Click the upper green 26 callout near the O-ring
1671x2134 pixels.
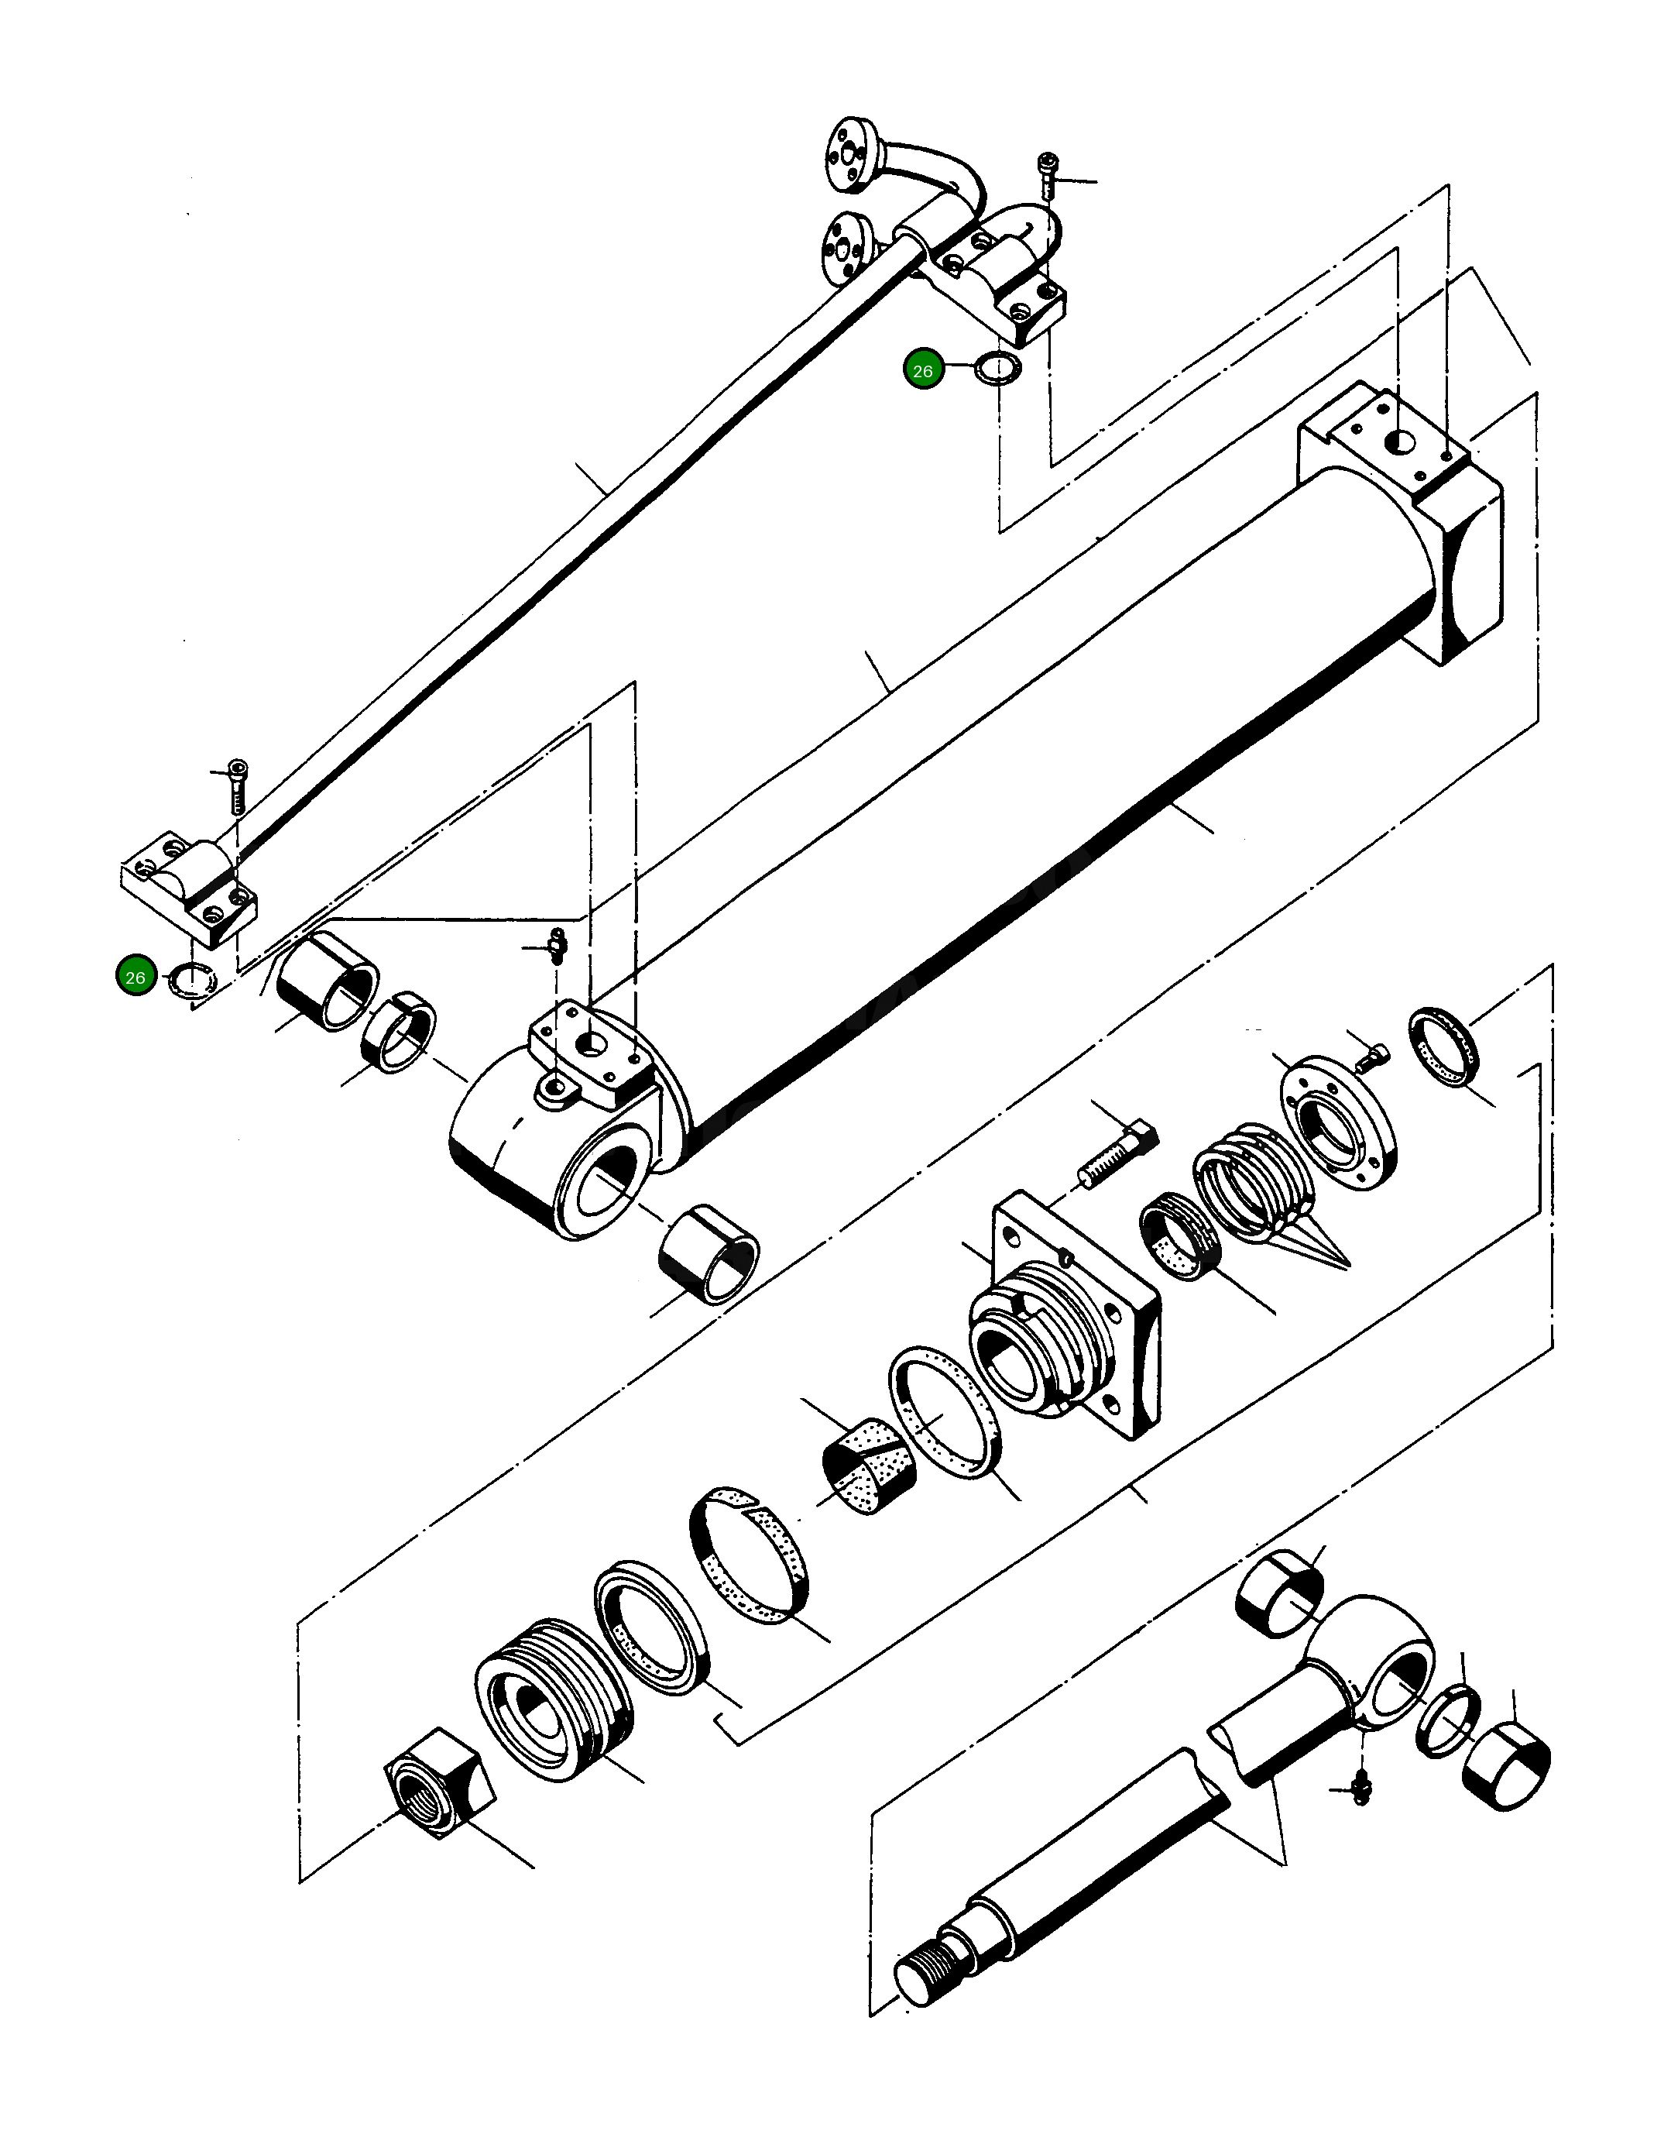coord(922,371)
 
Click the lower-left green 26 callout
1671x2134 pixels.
coord(135,978)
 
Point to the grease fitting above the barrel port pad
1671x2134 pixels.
coord(556,945)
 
